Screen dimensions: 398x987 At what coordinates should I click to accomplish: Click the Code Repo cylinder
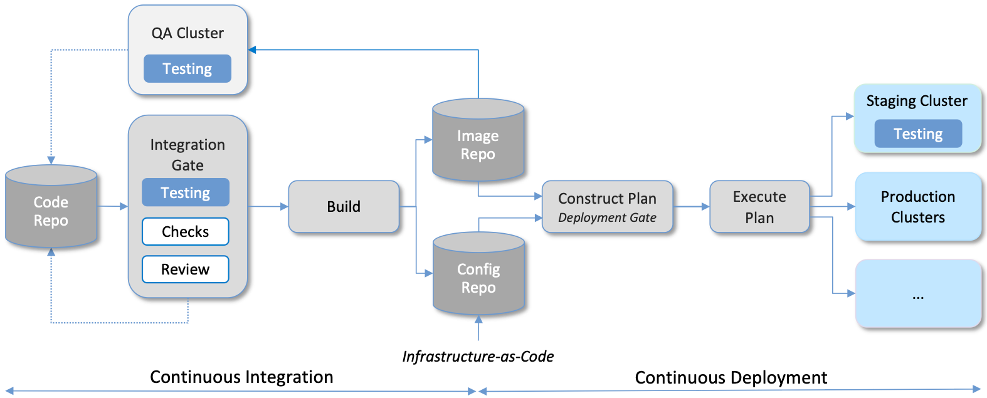coord(51,210)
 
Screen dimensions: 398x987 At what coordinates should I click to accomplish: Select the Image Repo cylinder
coord(478,144)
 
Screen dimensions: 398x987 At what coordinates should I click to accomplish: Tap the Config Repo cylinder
coord(478,278)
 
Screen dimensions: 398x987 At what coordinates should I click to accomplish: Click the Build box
coord(344,207)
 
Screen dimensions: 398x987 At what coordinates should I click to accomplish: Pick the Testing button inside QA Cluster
coord(187,69)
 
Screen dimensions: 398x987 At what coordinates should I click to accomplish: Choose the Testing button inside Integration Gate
coord(186,192)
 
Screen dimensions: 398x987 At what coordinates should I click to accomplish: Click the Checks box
coord(186,232)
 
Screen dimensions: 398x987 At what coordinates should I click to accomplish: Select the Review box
coord(186,270)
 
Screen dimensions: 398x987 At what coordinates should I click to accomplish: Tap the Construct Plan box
coord(607,207)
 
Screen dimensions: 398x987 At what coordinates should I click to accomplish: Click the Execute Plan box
coord(759,207)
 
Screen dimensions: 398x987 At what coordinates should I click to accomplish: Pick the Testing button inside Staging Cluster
coord(918,134)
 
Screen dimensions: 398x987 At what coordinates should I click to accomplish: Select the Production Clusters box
coord(918,207)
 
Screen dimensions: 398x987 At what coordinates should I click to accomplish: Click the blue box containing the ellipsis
coord(918,294)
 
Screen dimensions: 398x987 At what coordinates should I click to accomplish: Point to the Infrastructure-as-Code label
coord(478,357)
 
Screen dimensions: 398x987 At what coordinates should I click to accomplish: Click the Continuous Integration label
coord(241,377)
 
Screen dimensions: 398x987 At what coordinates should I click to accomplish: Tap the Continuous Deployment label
coord(731,378)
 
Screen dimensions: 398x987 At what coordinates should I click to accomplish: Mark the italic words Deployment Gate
coord(607,217)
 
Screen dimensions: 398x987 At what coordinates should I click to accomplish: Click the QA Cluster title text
coord(187,33)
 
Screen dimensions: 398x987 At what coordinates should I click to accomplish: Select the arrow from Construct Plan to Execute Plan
coord(691,206)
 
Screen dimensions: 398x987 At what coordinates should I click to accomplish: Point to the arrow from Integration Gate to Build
coord(268,206)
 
